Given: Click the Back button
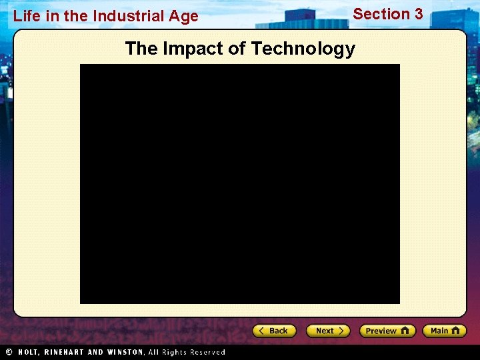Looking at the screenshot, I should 273,331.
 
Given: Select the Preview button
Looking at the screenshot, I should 387,331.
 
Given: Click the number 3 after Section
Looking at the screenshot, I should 418,14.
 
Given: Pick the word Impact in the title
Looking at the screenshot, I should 193,49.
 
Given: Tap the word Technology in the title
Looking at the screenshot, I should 303,49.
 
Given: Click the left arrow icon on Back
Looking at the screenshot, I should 263,331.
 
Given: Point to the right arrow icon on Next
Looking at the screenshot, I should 341,331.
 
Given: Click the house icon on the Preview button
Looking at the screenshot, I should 405,331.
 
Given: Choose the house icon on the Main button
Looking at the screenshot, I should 455,331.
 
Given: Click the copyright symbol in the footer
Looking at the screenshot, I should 9,352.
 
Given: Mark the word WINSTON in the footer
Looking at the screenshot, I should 123,352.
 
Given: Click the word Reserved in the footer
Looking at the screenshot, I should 207,352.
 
